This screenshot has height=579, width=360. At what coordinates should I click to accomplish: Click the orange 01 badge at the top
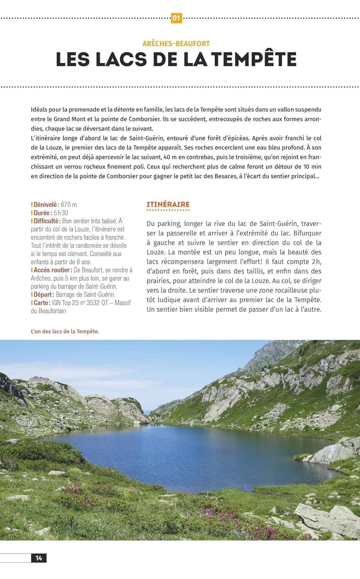pos(176,18)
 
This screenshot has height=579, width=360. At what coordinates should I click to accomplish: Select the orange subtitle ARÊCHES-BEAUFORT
pos(176,44)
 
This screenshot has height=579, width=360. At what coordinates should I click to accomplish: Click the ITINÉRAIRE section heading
pos(168,205)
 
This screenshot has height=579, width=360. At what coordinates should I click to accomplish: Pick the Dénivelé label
pos(46,205)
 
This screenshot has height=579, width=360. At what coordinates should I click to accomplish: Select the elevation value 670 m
pos(69,205)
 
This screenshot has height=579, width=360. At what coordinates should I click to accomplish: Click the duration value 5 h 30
pos(61,213)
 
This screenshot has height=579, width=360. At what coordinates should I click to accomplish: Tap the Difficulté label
pos(47,221)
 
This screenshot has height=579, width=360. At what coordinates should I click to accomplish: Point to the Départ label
pos(43,295)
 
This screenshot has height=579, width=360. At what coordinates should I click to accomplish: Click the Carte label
pos(41,303)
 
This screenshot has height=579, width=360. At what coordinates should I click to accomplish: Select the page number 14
pos(39,558)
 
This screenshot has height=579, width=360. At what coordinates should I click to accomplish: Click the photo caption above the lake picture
pos(65,331)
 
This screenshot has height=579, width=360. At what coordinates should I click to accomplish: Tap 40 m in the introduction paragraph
pos(170,157)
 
